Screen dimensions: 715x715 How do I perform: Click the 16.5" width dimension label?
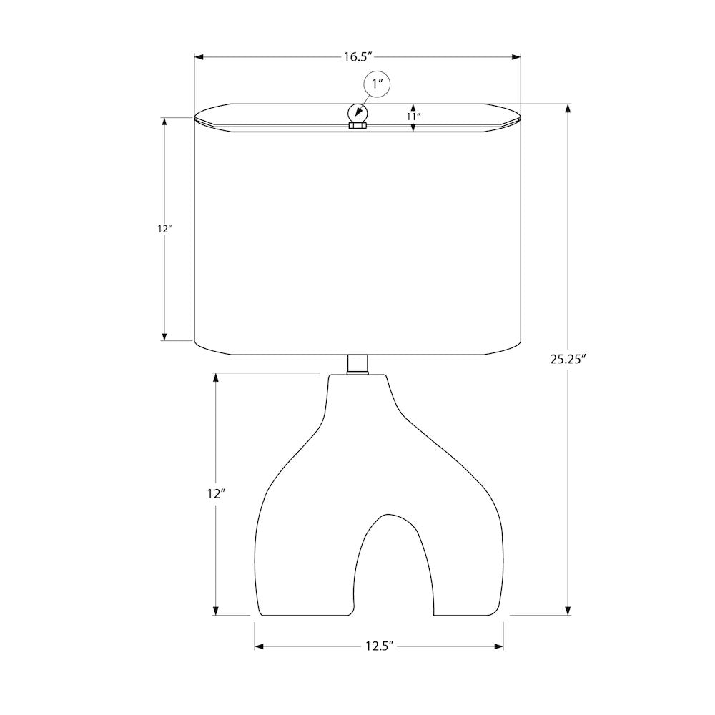pos(358,57)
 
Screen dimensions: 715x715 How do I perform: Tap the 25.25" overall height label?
pos(568,360)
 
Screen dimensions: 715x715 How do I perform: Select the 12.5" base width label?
pos(379,646)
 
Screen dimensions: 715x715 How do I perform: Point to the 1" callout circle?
pos(377,85)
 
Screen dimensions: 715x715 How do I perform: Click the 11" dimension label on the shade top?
pos(413,117)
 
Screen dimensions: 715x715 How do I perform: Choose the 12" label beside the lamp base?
pos(216,494)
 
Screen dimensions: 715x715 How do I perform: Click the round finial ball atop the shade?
pos(357,113)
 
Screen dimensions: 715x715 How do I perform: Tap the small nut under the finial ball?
pos(357,125)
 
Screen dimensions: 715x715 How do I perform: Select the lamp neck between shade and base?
pos(357,364)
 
